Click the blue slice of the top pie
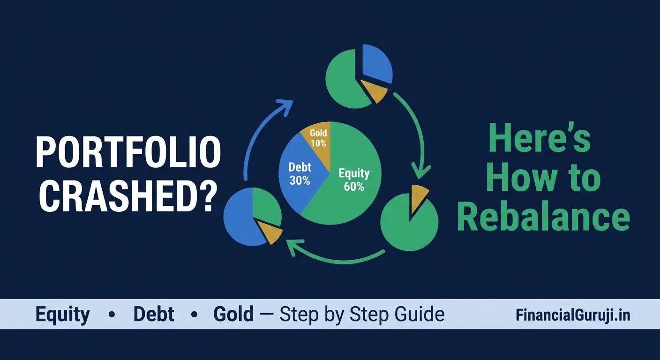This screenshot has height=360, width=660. coord(376,63)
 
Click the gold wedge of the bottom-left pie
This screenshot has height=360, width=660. coord(269,230)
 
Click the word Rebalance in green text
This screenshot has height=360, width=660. coord(543,217)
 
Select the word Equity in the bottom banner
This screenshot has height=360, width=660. coord(63,315)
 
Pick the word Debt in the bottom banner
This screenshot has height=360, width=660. coord(154,315)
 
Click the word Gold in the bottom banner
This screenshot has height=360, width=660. coord(233,315)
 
